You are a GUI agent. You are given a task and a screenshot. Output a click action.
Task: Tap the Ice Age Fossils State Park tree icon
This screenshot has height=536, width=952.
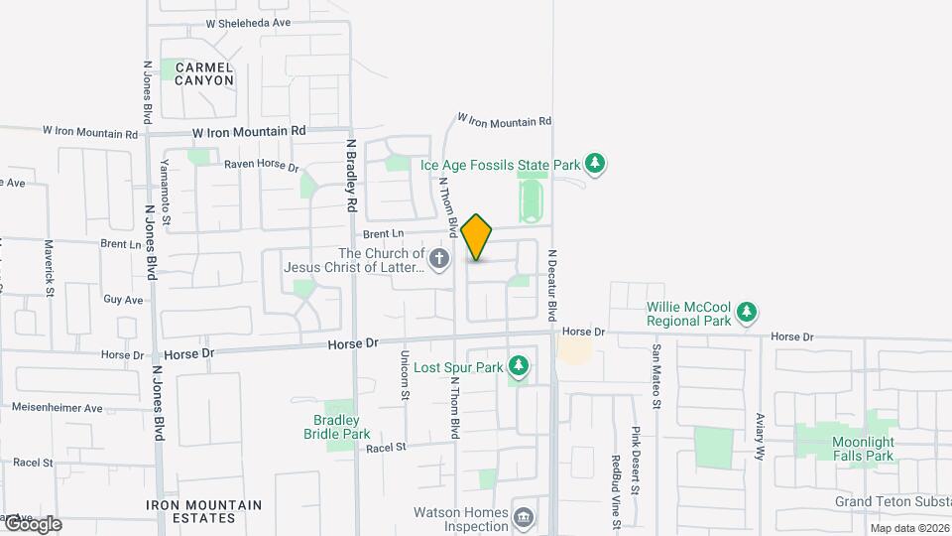click(x=594, y=162)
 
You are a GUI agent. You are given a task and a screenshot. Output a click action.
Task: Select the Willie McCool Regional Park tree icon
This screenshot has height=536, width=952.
click(x=747, y=314)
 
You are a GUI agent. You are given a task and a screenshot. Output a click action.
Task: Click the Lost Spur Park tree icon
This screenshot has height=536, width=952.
click(x=518, y=367)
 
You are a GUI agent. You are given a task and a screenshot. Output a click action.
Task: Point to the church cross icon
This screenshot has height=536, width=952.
click(x=441, y=259)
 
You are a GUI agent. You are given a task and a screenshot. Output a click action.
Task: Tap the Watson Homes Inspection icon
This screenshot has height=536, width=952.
click(x=524, y=516)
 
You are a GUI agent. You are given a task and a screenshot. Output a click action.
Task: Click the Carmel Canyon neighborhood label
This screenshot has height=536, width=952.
click(x=204, y=73)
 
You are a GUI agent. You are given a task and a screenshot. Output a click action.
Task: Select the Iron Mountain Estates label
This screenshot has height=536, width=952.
click(x=204, y=511)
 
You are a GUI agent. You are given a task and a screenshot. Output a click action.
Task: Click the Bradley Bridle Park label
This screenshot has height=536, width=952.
click(x=336, y=427)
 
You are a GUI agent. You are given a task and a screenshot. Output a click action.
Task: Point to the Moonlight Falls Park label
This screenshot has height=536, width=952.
click(x=863, y=449)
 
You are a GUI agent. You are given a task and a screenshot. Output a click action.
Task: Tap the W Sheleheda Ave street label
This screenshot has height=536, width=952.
click(x=248, y=23)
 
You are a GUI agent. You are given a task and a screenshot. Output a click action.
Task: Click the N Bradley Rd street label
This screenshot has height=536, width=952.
click(x=351, y=174)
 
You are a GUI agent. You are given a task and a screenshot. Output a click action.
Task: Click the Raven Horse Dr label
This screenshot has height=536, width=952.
click(x=261, y=166)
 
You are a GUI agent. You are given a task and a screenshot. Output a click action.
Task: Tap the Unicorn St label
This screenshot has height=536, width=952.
click(x=405, y=375)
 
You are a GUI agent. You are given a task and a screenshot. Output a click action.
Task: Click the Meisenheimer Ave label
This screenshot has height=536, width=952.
click(x=58, y=408)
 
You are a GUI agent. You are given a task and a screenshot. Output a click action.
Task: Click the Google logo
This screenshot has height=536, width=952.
click(x=32, y=524)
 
